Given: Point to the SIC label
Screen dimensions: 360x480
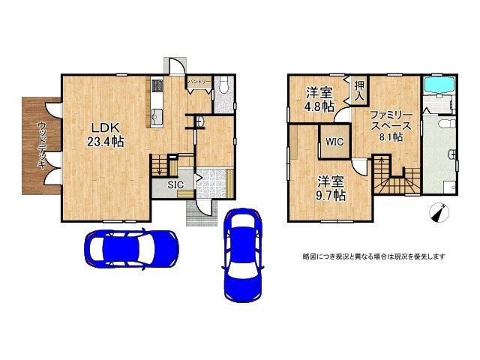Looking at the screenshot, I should tap(175, 184).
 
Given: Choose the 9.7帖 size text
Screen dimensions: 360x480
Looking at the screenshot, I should tap(330, 195).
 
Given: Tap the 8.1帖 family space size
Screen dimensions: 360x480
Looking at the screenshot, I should tap(390, 137).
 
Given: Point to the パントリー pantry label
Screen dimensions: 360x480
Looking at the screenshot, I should tap(199, 80).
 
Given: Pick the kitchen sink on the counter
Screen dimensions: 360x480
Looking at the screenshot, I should tap(157, 116).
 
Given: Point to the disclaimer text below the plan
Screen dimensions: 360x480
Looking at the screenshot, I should tap(374, 256).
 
